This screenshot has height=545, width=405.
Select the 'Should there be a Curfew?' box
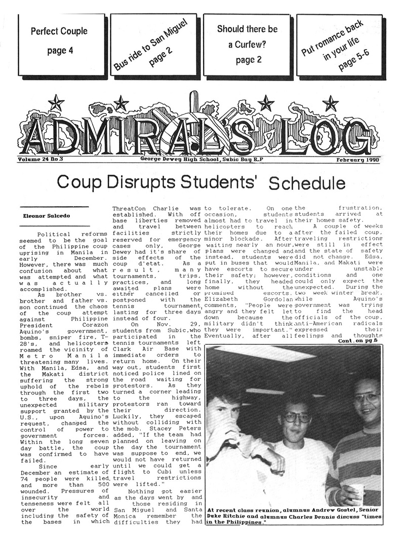pyautogui.click(x=248, y=44)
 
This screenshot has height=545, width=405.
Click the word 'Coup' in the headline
pyautogui.click(x=77, y=182)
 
